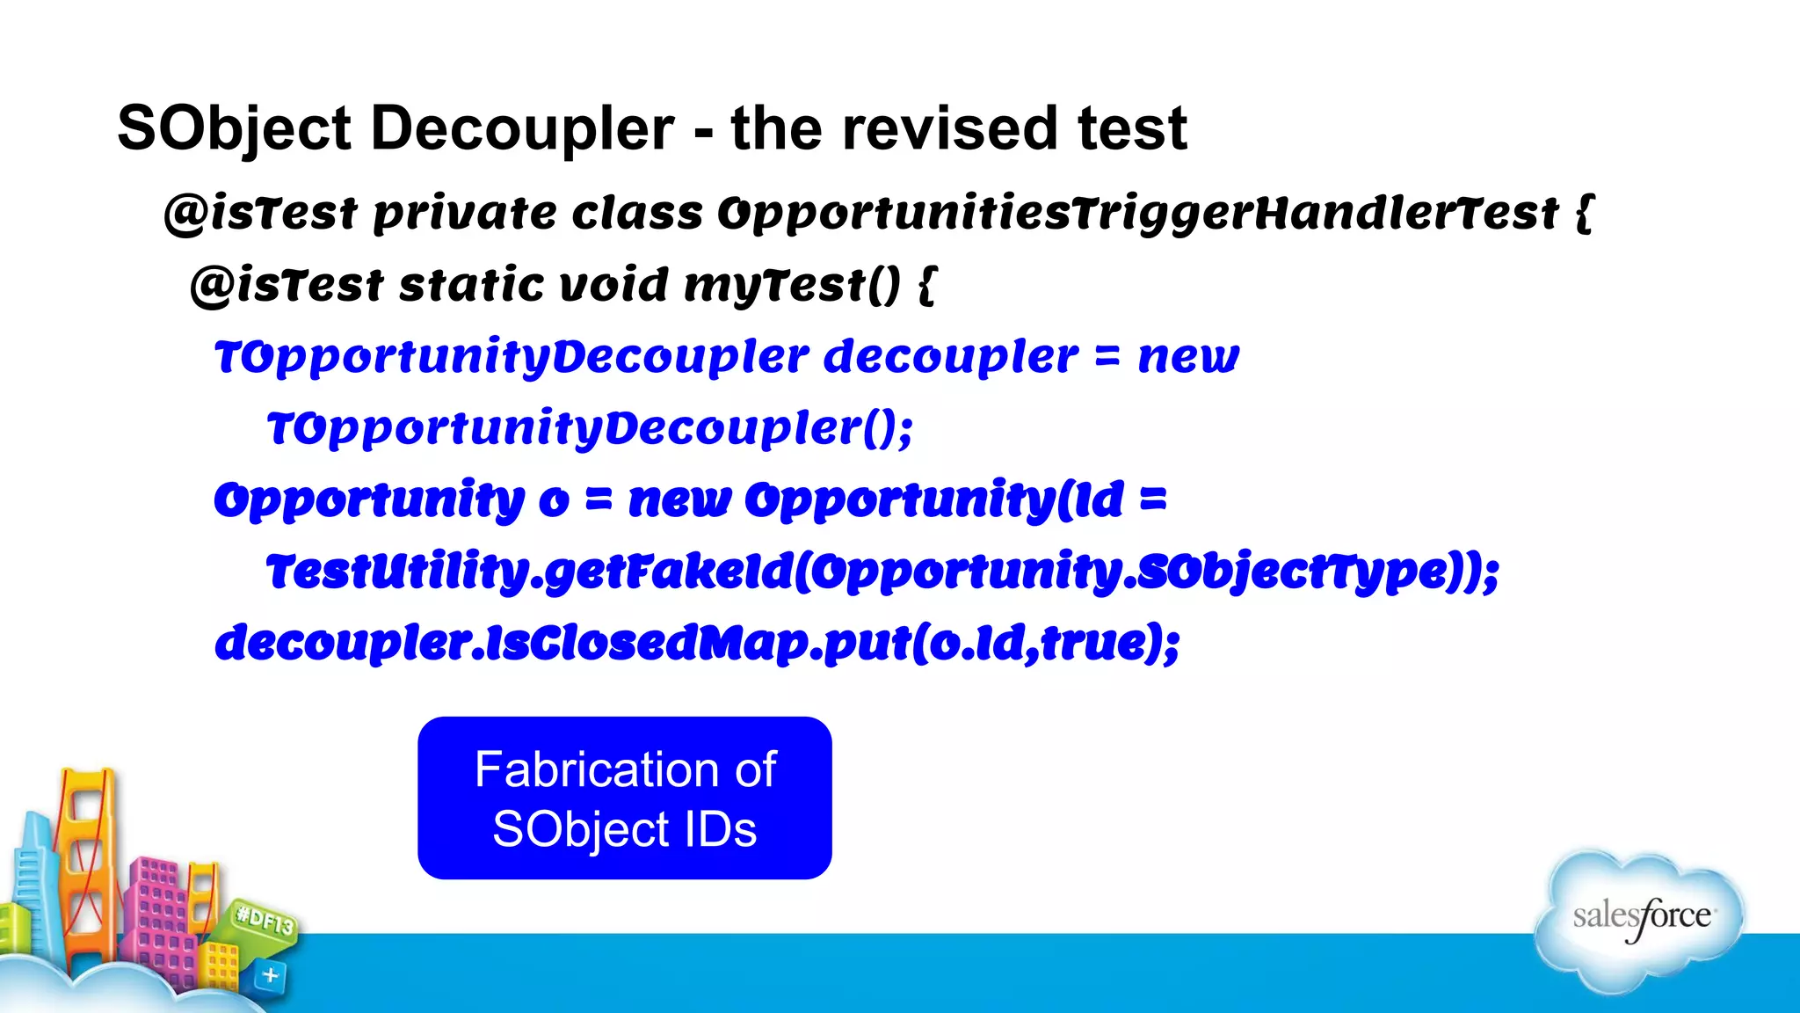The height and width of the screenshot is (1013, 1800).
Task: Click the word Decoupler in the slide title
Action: [522, 129]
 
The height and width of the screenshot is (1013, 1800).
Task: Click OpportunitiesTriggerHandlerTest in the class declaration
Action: [1137, 214]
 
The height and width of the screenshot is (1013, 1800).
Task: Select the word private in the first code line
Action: [465, 214]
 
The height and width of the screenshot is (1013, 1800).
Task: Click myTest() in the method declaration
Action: [792, 286]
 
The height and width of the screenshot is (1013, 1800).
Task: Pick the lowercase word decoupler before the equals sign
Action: [950, 357]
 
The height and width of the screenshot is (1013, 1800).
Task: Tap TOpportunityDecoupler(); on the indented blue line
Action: [590, 429]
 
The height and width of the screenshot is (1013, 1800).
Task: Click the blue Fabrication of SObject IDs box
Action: [624, 798]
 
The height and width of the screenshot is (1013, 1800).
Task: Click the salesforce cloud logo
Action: [1640, 917]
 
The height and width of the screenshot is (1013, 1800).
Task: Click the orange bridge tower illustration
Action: [86, 844]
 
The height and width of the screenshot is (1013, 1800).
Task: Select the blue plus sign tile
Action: [270, 975]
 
